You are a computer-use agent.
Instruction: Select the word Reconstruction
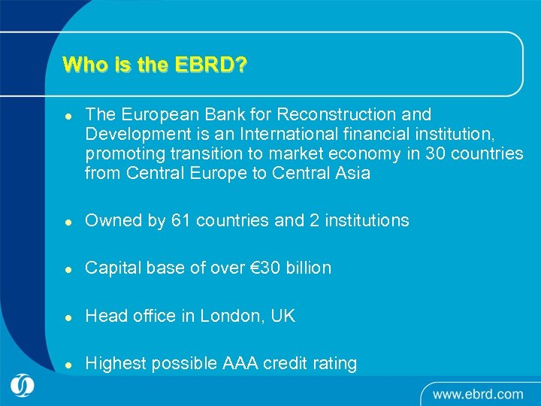pos(334,115)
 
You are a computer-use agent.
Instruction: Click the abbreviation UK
pos(283,317)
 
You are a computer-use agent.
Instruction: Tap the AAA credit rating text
pos(289,364)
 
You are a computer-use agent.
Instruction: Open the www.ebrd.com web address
pos(478,393)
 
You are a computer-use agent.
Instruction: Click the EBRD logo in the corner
pos(23,386)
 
